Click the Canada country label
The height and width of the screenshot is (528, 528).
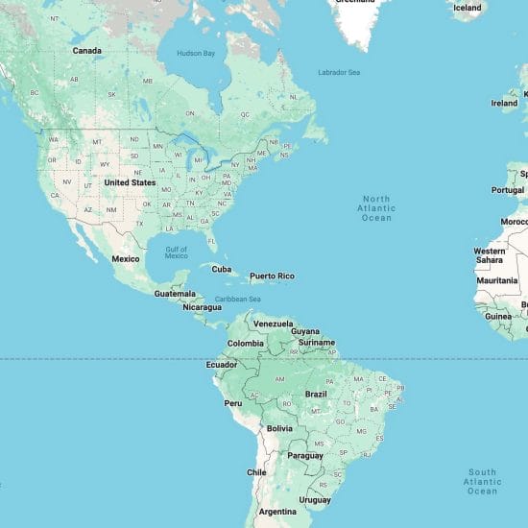(86, 50)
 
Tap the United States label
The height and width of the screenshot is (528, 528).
(130, 182)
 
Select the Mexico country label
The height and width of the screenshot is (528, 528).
(126, 259)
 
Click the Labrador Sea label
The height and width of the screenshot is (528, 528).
(339, 73)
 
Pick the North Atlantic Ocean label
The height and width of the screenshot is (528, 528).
(376, 207)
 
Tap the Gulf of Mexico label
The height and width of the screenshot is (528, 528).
(177, 252)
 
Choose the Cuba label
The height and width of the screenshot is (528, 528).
(222, 269)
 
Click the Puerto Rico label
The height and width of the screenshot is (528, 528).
(272, 276)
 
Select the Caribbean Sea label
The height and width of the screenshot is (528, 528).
(237, 299)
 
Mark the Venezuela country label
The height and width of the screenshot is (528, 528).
(273, 324)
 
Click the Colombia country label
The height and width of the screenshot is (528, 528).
(245, 343)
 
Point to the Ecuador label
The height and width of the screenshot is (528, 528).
(222, 365)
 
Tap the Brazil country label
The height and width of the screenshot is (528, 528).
(316, 395)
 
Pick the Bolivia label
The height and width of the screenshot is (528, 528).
(279, 428)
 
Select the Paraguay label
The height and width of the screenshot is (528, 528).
(305, 455)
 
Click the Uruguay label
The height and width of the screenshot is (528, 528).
(314, 500)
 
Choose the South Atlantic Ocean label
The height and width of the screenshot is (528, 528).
(482, 481)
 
